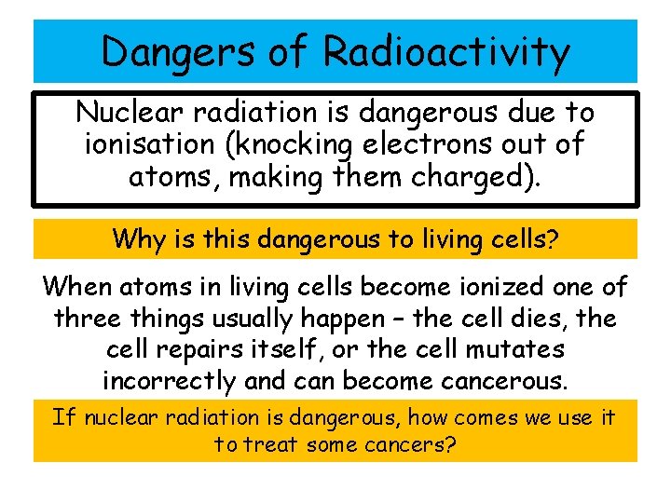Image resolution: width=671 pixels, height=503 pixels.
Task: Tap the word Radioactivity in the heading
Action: [445, 51]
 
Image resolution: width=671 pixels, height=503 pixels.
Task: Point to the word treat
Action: [271, 444]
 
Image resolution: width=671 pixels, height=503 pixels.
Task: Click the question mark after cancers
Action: [451, 444]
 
